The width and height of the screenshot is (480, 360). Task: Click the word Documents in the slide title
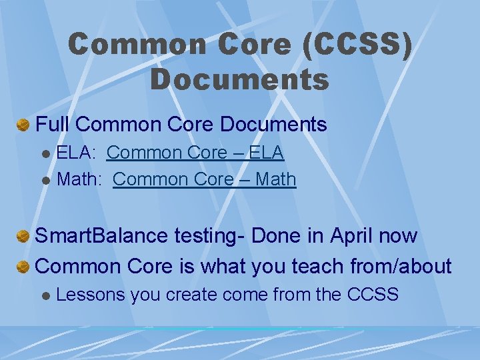pyautogui.click(x=240, y=79)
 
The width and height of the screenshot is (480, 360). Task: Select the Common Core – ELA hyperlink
pyautogui.click(x=195, y=153)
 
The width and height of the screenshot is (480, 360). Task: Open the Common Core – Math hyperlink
pyautogui.click(x=205, y=179)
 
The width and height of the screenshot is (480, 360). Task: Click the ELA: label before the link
pyautogui.click(x=77, y=153)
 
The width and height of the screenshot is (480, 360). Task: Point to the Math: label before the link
pyautogui.click(x=81, y=179)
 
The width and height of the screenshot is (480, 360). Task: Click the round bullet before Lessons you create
pyautogui.click(x=45, y=295)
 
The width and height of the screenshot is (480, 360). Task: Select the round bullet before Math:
pyautogui.click(x=45, y=180)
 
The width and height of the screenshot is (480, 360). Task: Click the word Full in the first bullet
pyautogui.click(x=53, y=125)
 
